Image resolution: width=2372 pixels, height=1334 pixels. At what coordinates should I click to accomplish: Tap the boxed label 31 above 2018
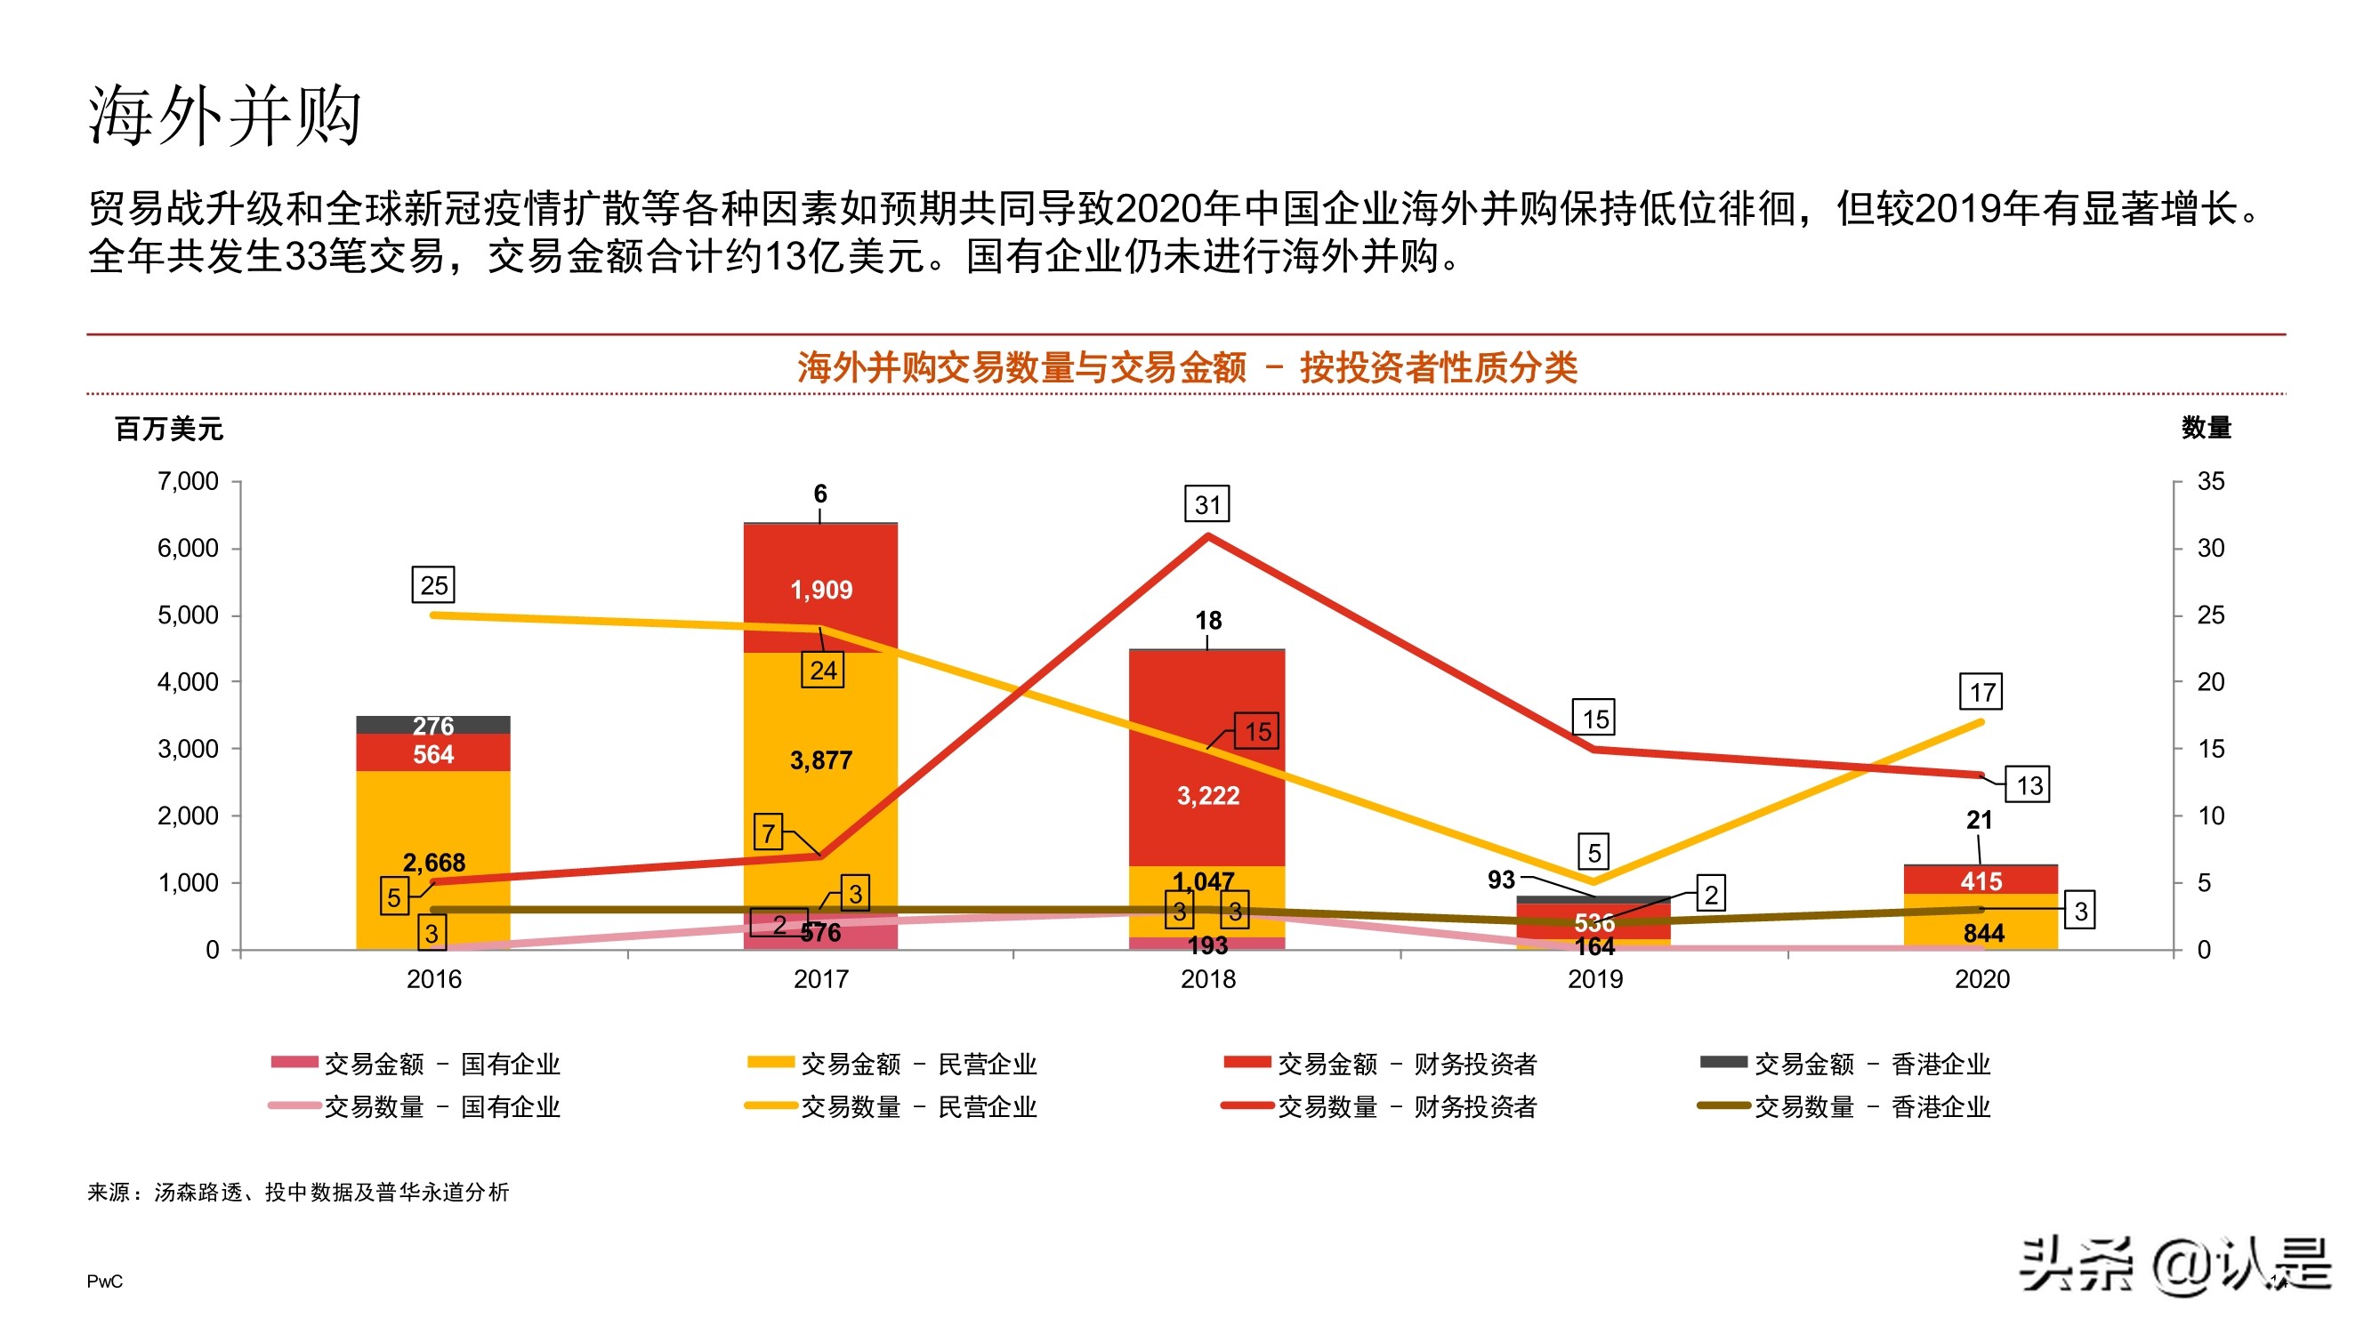pyautogui.click(x=1206, y=504)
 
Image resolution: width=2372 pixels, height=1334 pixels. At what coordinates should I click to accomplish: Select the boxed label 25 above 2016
pyautogui.click(x=432, y=585)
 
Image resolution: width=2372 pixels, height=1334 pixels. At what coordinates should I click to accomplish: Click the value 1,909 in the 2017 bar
pyautogui.click(x=820, y=591)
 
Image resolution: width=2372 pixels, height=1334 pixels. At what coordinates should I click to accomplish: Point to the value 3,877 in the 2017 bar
pyautogui.click(x=820, y=760)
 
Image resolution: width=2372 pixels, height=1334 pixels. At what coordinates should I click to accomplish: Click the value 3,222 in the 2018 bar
pyautogui.click(x=1207, y=795)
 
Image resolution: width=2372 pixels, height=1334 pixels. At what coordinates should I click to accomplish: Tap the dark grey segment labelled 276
pyautogui.click(x=432, y=725)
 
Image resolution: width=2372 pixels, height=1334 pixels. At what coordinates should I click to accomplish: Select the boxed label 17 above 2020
pyautogui.click(x=1981, y=692)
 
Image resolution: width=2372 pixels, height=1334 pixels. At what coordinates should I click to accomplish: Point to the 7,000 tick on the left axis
pyautogui.click(x=188, y=481)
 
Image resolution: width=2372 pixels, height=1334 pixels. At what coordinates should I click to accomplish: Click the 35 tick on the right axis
pyautogui.click(x=2210, y=481)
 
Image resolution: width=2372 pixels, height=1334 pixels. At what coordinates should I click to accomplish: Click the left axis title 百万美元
pyautogui.click(x=168, y=429)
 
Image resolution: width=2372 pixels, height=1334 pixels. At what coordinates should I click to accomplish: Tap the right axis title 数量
pyautogui.click(x=2206, y=428)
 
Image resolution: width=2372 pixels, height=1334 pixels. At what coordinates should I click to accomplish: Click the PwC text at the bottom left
pyautogui.click(x=104, y=1282)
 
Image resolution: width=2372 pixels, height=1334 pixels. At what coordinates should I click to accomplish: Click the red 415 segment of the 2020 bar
pyautogui.click(x=1980, y=881)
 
